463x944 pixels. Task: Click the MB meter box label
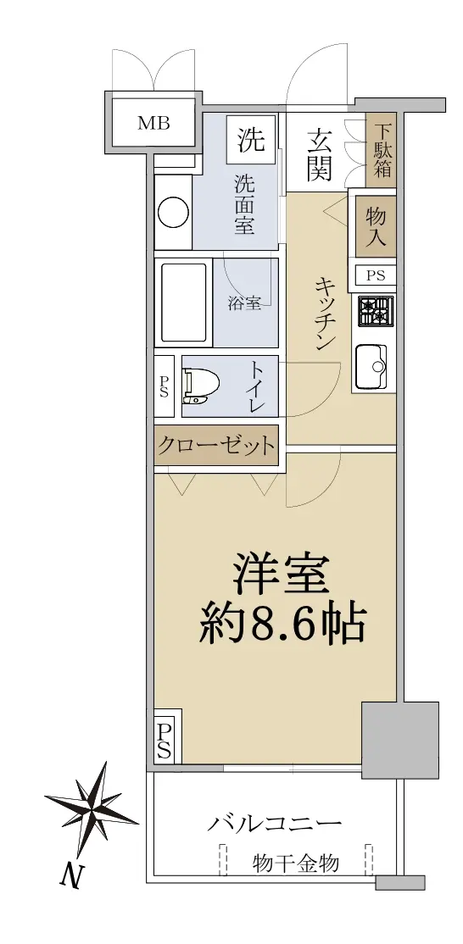[x=153, y=124]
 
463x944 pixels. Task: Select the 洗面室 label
[x=244, y=203]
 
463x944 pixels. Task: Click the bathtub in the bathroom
[x=183, y=303]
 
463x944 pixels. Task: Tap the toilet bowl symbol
[x=200, y=386]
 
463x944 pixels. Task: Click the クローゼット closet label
[x=216, y=446]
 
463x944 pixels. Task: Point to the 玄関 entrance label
[x=319, y=155]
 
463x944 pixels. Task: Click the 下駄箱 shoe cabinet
[x=382, y=150]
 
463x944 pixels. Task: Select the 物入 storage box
[x=376, y=225]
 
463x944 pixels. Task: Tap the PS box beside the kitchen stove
[x=376, y=275]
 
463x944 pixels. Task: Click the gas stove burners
[x=377, y=311]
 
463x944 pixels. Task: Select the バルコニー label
[x=274, y=824]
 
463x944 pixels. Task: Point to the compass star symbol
[x=92, y=802]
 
